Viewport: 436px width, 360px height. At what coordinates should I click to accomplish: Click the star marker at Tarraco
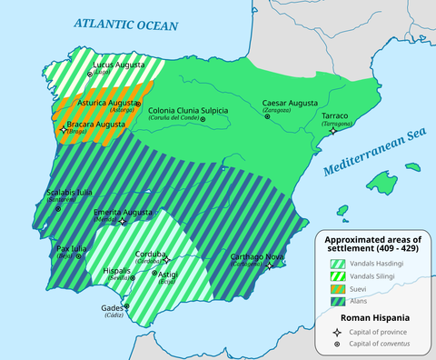point(333,131)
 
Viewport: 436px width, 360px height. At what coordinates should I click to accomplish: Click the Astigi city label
point(169,274)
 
